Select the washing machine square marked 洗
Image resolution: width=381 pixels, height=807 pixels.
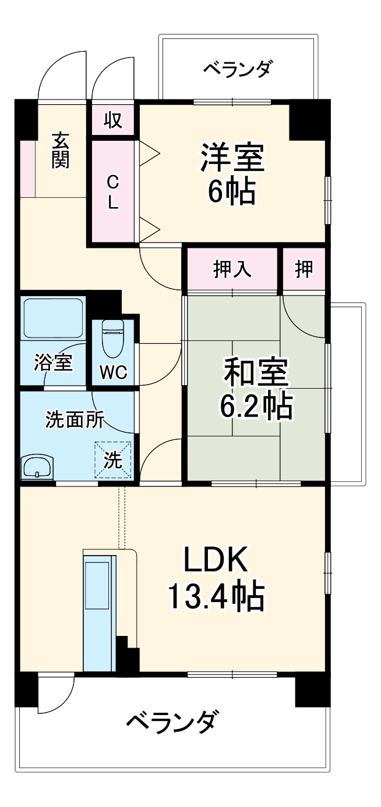(x=113, y=460)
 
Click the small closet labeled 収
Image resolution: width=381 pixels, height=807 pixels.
(x=112, y=120)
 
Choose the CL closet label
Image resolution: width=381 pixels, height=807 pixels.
(x=112, y=191)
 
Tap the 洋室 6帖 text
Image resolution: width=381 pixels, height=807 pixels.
(x=232, y=174)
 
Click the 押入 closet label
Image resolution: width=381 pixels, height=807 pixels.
(x=231, y=269)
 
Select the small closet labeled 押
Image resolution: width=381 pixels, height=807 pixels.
(x=304, y=269)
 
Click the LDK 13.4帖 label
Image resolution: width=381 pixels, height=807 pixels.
(x=216, y=578)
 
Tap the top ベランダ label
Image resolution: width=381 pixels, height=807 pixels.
(x=237, y=69)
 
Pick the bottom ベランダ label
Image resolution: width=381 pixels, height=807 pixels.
(x=174, y=724)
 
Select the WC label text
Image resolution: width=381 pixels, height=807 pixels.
(x=113, y=372)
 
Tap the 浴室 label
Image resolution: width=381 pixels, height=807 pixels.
(x=52, y=362)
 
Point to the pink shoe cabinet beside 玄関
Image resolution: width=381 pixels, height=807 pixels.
(x=27, y=169)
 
